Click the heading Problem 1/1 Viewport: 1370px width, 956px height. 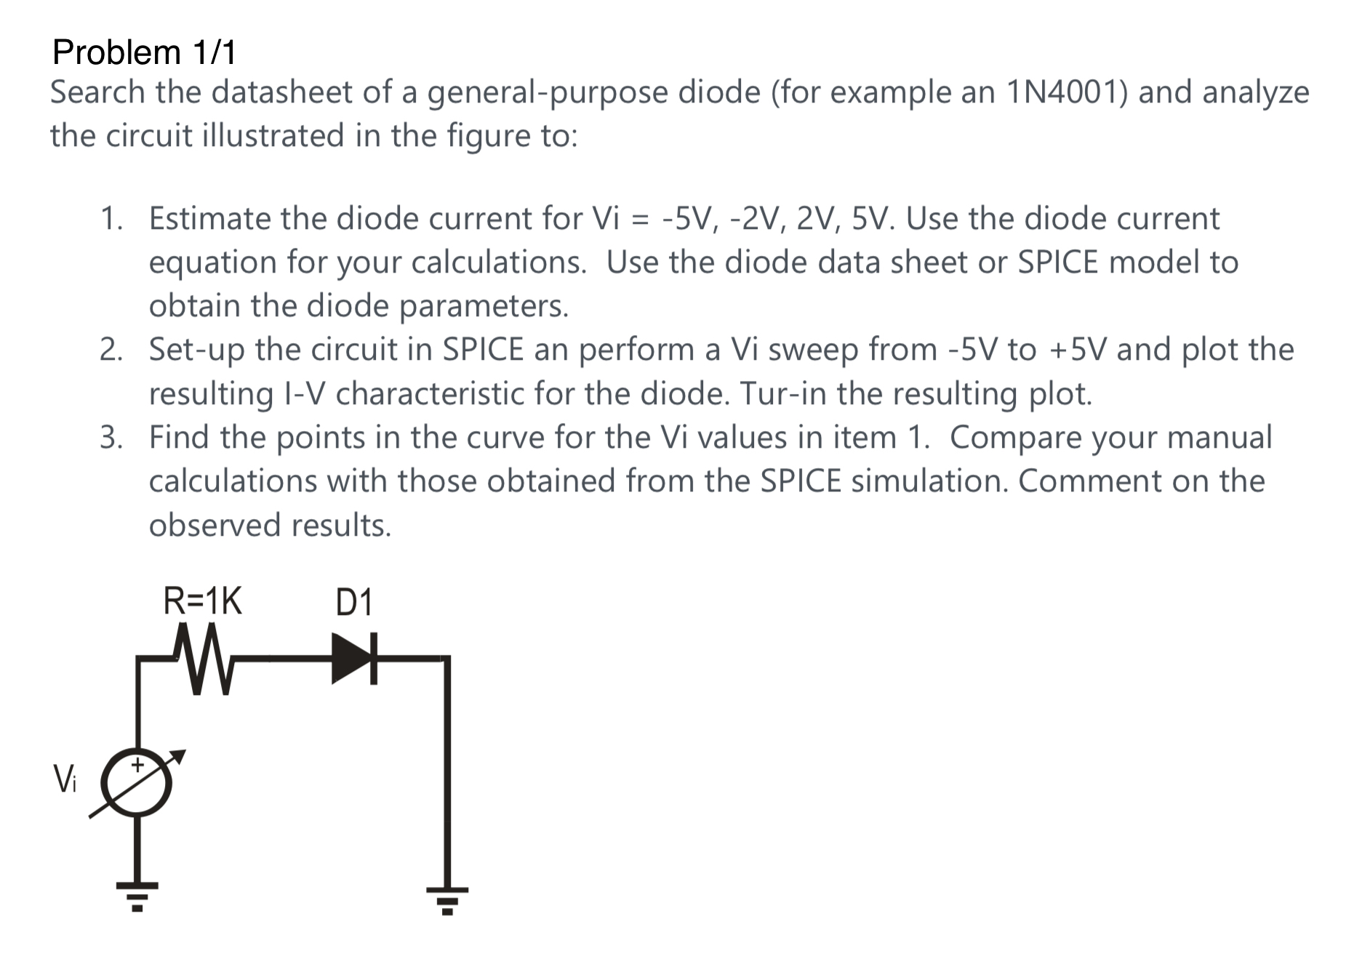(x=144, y=52)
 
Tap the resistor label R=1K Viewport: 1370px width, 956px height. (x=202, y=602)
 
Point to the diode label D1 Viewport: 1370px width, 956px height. (x=354, y=603)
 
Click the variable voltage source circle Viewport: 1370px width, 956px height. (x=137, y=782)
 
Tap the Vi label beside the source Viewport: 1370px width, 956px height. (x=64, y=779)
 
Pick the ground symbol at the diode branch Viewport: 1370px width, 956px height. (x=447, y=896)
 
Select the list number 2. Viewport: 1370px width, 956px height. (x=111, y=350)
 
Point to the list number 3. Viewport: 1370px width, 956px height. (x=111, y=438)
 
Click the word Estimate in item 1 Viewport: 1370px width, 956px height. (x=210, y=218)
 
